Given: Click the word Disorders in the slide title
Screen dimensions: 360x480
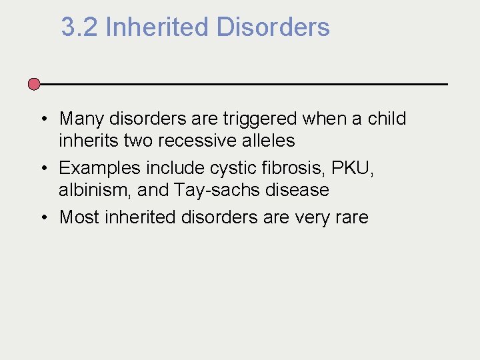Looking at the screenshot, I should click(x=273, y=27).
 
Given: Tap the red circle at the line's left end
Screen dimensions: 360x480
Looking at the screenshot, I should click(x=34, y=84).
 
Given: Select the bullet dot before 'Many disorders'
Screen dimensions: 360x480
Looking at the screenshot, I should click(x=41, y=119).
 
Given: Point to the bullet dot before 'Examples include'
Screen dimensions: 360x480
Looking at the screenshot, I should click(x=41, y=169).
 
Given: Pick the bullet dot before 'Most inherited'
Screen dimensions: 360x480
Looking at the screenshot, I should click(x=41, y=217).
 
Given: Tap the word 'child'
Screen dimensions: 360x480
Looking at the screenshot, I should click(x=387, y=119).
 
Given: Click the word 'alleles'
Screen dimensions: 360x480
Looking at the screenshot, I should click(x=271, y=141).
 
